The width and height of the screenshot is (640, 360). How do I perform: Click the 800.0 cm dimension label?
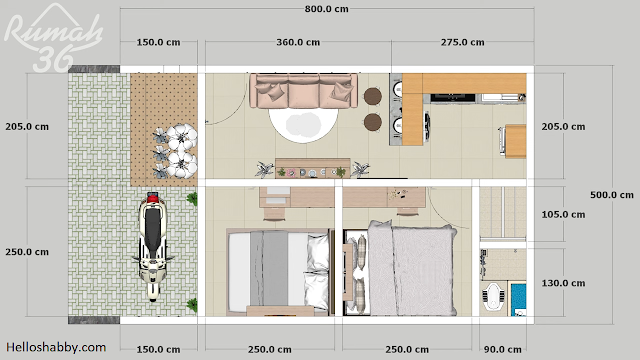click(x=327, y=9)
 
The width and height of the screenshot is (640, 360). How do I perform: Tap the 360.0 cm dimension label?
click(x=298, y=42)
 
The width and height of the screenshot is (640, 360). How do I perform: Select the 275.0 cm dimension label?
click(x=462, y=42)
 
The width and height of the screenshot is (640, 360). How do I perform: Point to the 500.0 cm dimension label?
click(x=612, y=195)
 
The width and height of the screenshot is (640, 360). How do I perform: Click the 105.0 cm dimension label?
click(x=563, y=214)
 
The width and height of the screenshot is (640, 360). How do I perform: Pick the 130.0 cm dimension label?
click(x=563, y=283)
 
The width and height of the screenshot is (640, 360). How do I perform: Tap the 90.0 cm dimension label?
click(x=502, y=349)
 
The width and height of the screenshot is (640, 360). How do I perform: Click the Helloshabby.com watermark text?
click(x=56, y=347)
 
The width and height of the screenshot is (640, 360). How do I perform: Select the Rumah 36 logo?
click(x=52, y=39)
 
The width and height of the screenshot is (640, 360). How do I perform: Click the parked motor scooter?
click(x=152, y=246)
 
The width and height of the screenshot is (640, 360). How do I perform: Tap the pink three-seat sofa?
click(x=304, y=91)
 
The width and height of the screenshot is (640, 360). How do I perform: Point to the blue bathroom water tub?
click(x=518, y=300)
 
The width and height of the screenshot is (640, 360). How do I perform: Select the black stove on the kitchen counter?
click(x=453, y=98)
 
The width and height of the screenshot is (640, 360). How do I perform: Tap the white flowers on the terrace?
click(x=181, y=151)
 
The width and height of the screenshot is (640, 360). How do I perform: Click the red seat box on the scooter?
click(x=152, y=198)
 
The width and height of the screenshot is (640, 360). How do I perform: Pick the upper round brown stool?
click(x=373, y=96)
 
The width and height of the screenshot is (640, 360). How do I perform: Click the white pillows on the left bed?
click(x=318, y=271)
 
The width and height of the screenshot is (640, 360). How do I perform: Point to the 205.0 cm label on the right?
click(x=563, y=127)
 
